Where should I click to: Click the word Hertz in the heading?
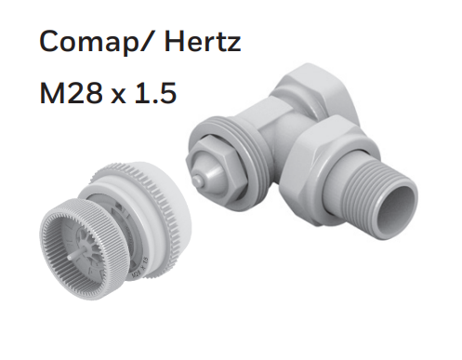(x=203, y=41)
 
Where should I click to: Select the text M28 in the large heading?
(x=71, y=93)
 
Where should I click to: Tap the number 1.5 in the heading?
(x=156, y=93)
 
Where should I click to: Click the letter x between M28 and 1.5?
(x=118, y=96)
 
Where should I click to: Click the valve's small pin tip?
(x=195, y=180)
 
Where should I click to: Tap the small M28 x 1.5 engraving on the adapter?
(x=140, y=267)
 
